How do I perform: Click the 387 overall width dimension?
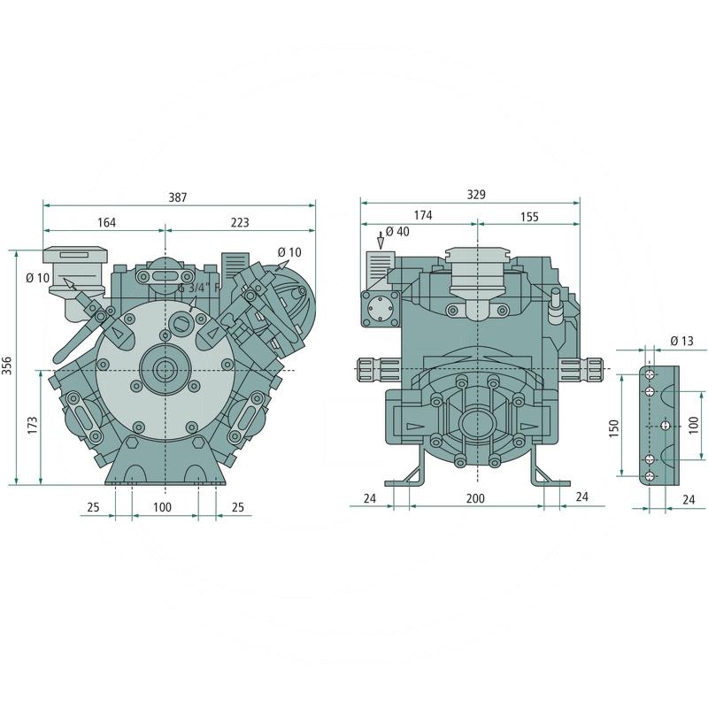tap(178, 197)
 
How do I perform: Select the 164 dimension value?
tap(106, 223)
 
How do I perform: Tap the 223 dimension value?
tap(240, 223)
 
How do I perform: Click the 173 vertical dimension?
tap(33, 426)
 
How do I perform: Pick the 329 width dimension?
tap(476, 194)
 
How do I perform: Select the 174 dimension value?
tap(423, 215)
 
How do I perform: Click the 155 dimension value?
tap(529, 217)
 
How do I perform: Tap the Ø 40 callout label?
tap(397, 232)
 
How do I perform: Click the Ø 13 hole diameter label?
tap(681, 341)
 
